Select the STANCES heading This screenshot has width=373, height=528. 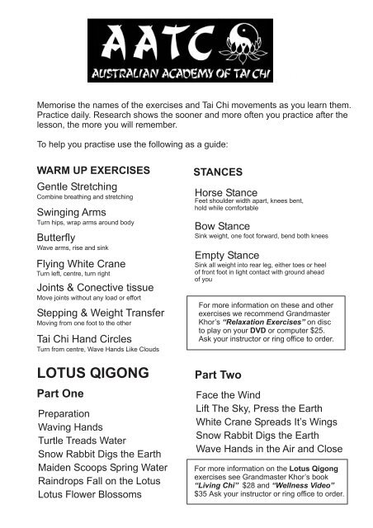coord(217,173)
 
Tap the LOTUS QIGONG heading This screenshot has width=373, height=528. coord(93,372)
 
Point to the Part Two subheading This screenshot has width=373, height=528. coord(217,374)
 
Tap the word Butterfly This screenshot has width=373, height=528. coord(56,236)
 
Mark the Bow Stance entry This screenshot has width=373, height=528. coord(223,225)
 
